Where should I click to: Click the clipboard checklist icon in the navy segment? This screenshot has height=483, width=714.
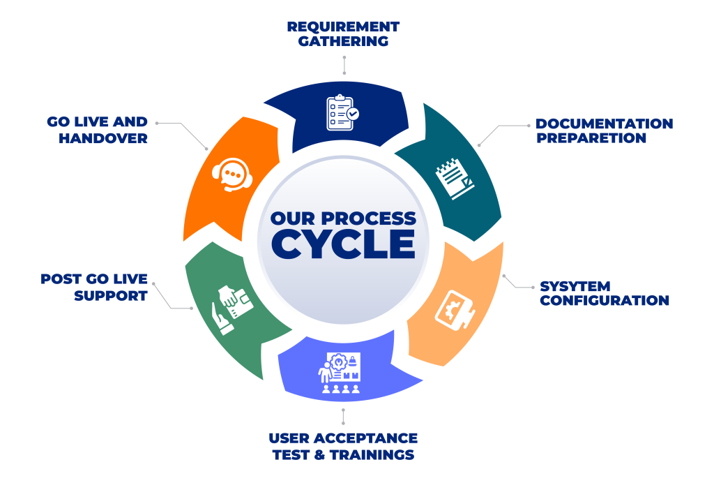click(x=343, y=112)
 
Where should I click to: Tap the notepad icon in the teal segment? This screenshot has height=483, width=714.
click(x=454, y=179)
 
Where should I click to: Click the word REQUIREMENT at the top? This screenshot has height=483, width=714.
click(x=343, y=27)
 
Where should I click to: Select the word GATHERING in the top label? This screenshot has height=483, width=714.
click(x=343, y=41)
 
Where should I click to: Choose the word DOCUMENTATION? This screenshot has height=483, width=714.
click(x=604, y=124)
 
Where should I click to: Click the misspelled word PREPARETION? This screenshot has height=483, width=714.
click(x=591, y=138)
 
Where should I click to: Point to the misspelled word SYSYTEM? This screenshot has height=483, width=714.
click(x=575, y=287)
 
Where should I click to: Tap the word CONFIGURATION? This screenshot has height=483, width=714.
click(x=605, y=301)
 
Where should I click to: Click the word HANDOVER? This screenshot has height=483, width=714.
click(x=102, y=138)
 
